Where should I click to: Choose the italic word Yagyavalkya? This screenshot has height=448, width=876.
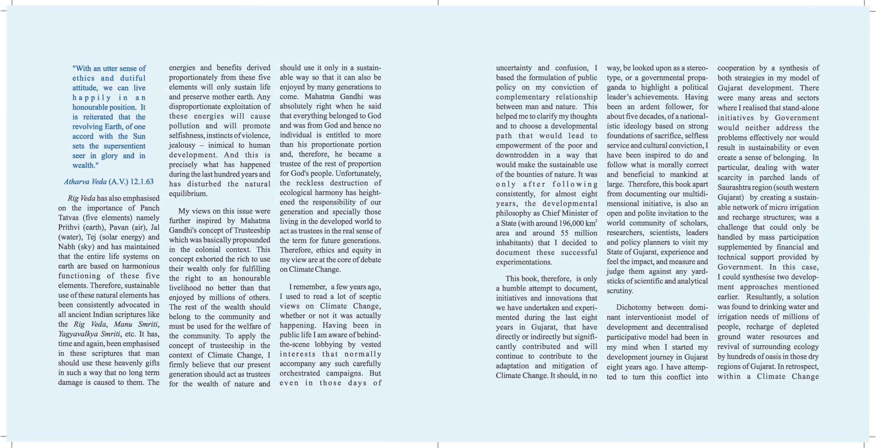pyautogui.click(x=78, y=334)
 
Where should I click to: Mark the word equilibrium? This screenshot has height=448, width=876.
pyautogui.click(x=188, y=194)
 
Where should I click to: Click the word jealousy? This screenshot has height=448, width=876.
pyautogui.click(x=182, y=145)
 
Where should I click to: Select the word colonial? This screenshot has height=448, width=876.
pyautogui.click(x=207, y=250)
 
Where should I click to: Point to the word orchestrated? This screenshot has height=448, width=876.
pyautogui.click(x=299, y=373)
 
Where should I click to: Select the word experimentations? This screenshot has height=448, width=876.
pyautogui.click(x=524, y=262)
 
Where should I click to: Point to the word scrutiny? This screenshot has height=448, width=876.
pyautogui.click(x=620, y=291)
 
